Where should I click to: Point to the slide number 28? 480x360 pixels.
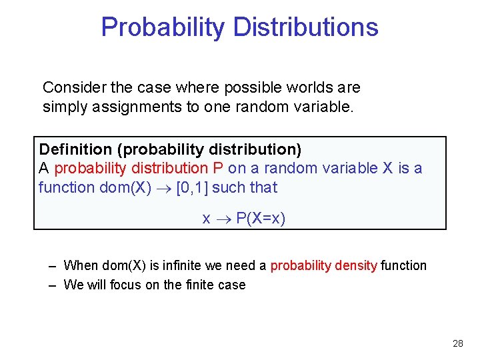coord(457,343)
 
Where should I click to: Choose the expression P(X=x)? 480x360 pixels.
coord(261,219)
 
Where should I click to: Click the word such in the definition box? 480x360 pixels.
coord(229,187)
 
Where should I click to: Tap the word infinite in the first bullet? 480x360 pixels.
coord(181,265)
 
